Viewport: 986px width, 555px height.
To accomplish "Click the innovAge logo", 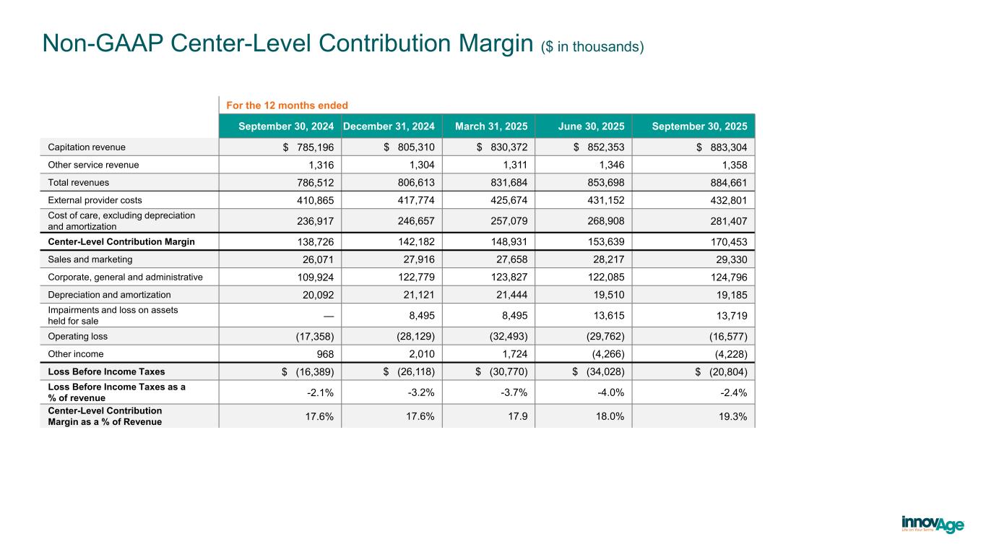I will click(932, 524).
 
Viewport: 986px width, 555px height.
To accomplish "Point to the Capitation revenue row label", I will click(87, 147).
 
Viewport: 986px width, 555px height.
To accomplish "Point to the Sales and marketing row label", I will click(90, 259).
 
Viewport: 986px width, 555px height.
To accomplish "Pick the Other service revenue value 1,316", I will click(319, 165).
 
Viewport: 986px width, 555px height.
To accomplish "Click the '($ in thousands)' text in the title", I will click(592, 47).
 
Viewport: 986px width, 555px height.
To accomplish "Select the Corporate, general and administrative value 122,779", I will click(411, 277).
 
